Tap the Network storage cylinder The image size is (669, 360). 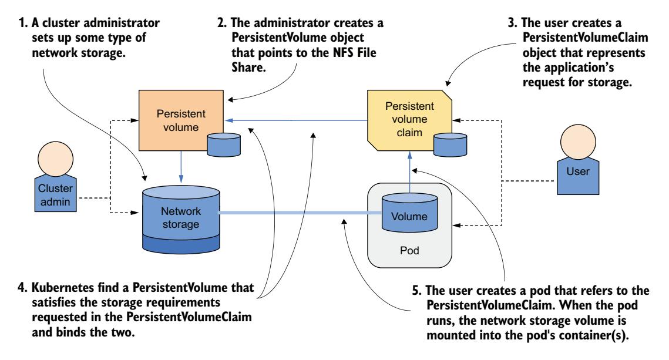181,218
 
